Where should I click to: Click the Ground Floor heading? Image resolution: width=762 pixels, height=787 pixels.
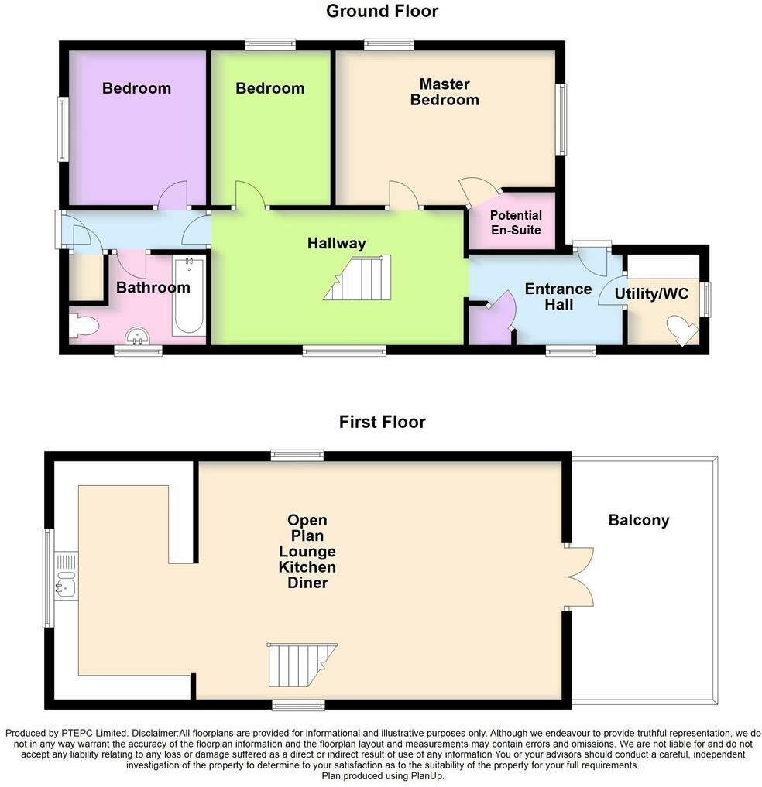point(382,11)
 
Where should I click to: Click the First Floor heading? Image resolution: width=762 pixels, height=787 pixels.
point(382,422)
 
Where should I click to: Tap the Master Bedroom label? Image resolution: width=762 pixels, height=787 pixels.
point(444,91)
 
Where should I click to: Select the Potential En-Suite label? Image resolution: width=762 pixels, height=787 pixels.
point(516,223)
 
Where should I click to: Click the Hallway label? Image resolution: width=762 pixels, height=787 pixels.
point(336,243)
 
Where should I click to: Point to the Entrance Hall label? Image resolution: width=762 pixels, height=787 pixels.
point(558,296)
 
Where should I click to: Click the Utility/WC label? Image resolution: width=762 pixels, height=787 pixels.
point(651,294)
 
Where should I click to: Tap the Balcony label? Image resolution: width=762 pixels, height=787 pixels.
point(639,520)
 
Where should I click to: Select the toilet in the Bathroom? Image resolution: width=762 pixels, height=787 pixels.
point(82,326)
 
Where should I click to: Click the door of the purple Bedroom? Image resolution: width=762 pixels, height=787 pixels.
point(172,196)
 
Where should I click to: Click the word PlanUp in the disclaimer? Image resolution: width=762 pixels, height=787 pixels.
point(422,776)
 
